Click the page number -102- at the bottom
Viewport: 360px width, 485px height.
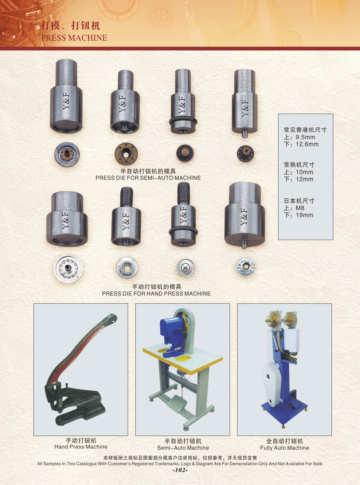pyautogui.click(x=180, y=470)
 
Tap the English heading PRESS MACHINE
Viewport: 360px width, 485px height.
pyautogui.click(x=74, y=38)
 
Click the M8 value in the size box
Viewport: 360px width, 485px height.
pyautogui.click(x=300, y=208)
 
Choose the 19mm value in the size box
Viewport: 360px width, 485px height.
pyautogui.click(x=304, y=215)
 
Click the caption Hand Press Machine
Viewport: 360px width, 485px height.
pyautogui.click(x=81, y=447)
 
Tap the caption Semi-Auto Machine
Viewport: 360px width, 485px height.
pyautogui.click(x=183, y=448)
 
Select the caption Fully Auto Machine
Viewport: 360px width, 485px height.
pyautogui.click(x=285, y=448)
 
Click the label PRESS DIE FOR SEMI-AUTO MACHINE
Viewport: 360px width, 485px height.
pyautogui.click(x=148, y=178)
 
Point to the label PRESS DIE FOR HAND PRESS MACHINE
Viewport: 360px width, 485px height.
pyautogui.click(x=156, y=294)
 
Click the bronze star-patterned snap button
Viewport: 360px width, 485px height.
pyautogui.click(x=126, y=154)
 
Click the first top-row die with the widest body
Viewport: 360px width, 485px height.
pyautogui.click(x=66, y=96)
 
